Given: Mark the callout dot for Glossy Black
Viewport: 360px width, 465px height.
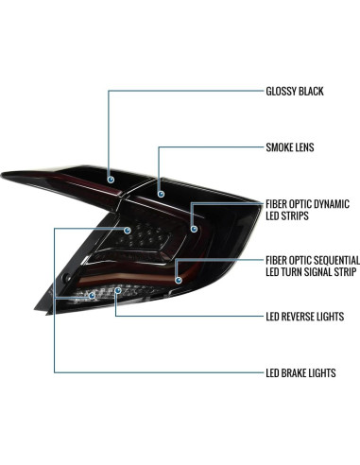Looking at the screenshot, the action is pyautogui.click(x=110, y=178).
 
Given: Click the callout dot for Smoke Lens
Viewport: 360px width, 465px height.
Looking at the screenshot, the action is pyautogui.click(x=161, y=193).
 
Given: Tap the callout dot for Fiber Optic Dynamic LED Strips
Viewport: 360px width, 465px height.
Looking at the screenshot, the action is pyautogui.click(x=195, y=227).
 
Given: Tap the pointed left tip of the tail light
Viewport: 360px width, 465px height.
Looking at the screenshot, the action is pyautogui.click(x=6, y=174).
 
